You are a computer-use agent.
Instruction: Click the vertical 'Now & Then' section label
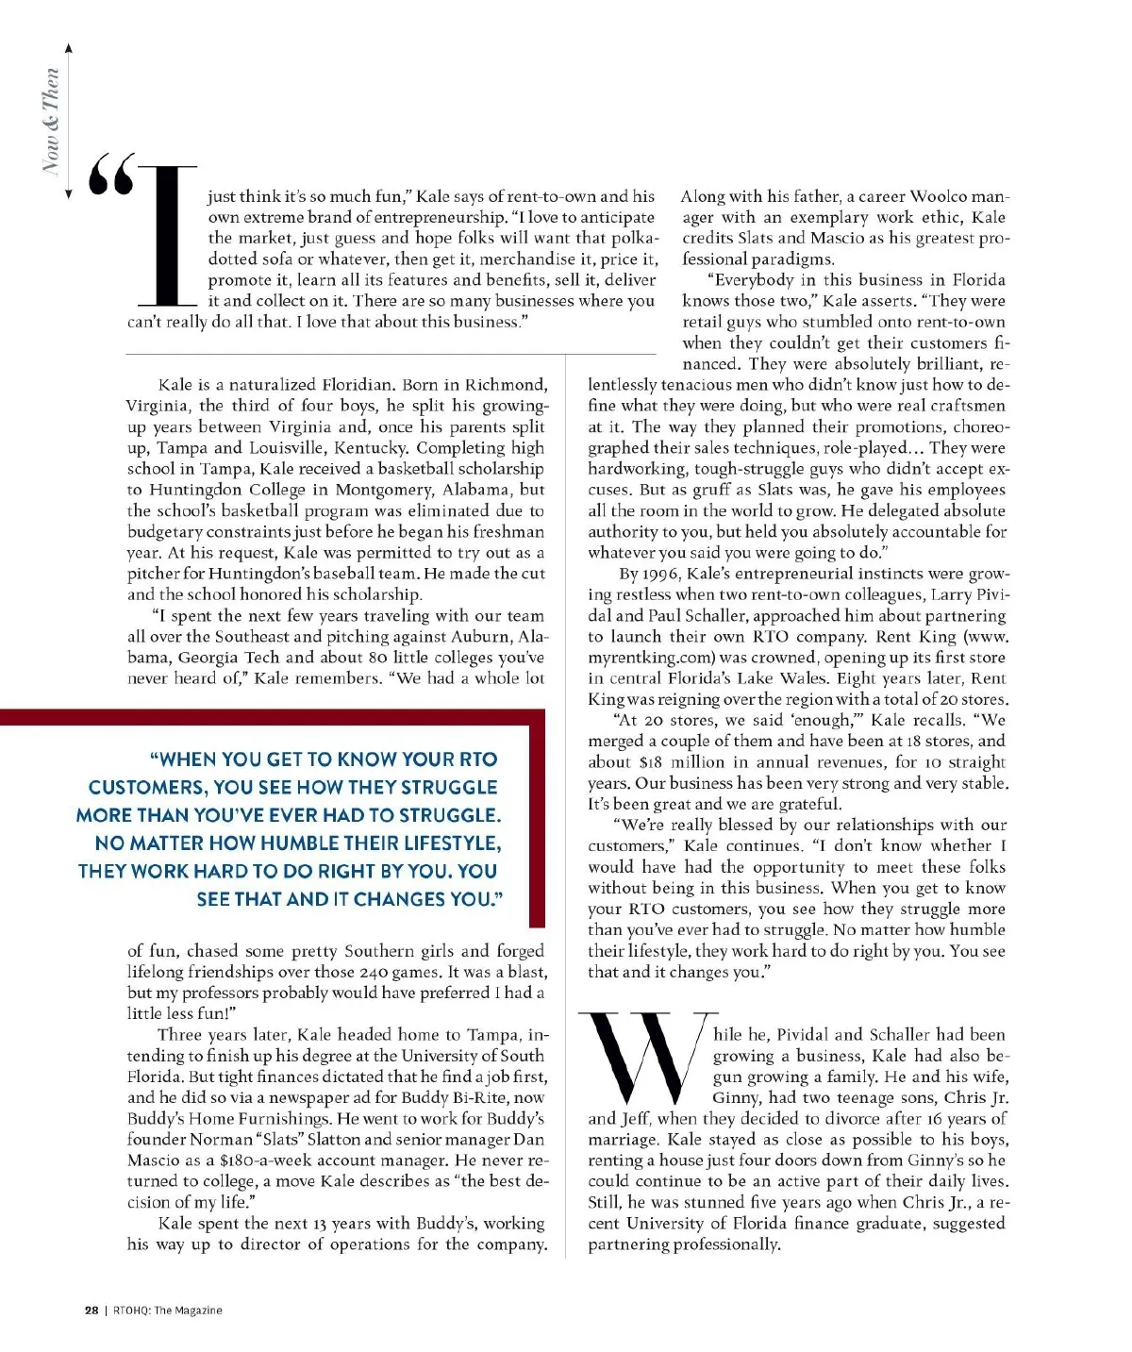click(x=51, y=121)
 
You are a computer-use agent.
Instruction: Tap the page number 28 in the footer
click(x=92, y=1310)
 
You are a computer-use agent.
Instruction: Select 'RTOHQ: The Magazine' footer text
click(x=168, y=1310)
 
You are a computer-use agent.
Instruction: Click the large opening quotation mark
click(x=111, y=175)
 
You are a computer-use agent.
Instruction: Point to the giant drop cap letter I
click(x=168, y=236)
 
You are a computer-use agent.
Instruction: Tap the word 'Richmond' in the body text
click(x=505, y=385)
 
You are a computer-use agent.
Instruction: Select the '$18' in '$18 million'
click(x=651, y=762)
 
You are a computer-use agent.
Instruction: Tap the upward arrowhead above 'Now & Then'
click(x=68, y=48)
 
